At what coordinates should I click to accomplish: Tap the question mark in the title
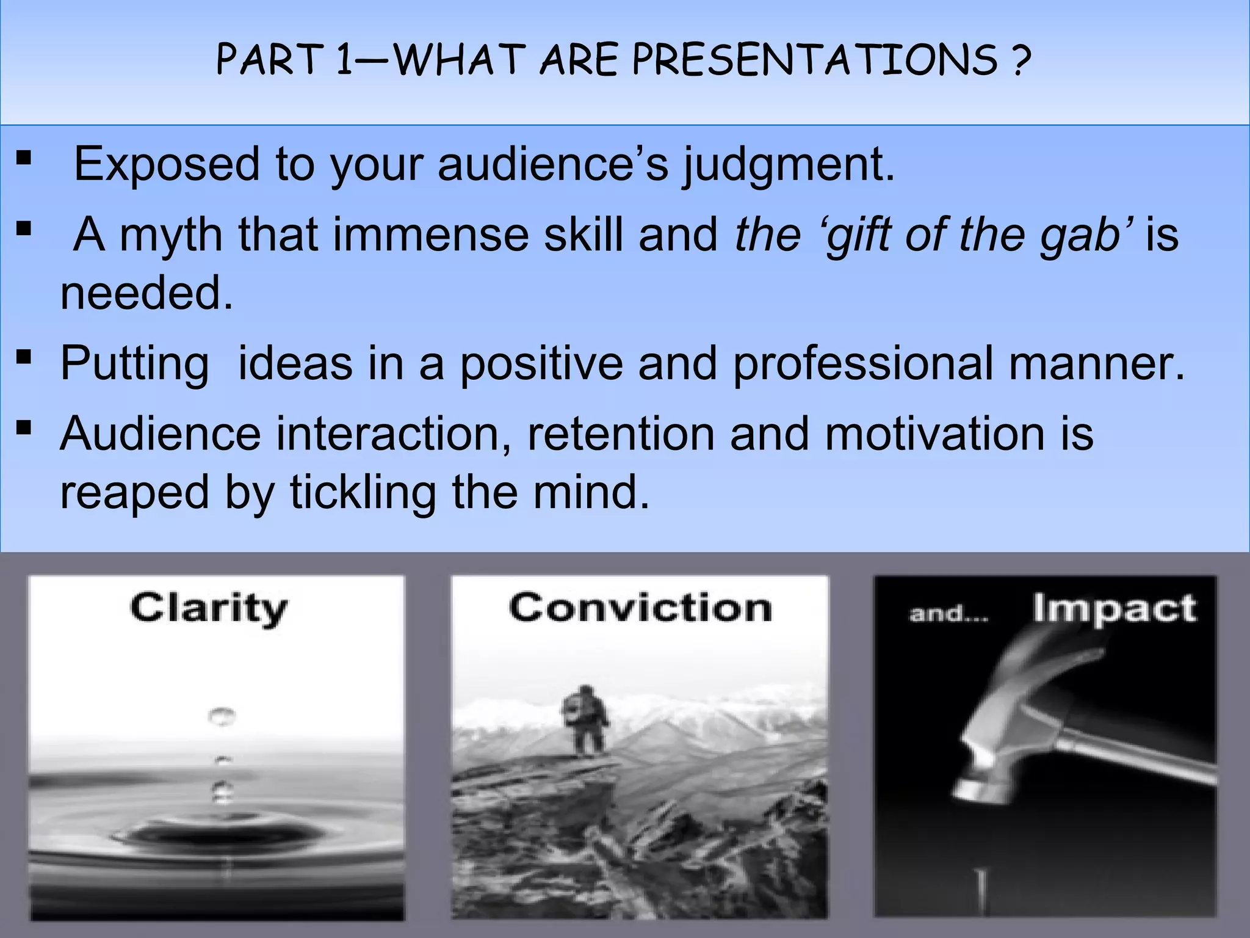click(x=1020, y=60)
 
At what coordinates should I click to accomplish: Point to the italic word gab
click(x=1086, y=236)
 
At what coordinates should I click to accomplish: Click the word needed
click(x=146, y=293)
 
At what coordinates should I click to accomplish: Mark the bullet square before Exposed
click(x=24, y=159)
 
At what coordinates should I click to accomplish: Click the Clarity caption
click(x=208, y=608)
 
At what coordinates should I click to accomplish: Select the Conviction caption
click(x=640, y=608)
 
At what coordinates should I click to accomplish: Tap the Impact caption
click(x=1114, y=608)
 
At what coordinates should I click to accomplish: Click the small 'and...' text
click(x=948, y=613)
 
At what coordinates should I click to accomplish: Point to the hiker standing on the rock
click(x=585, y=721)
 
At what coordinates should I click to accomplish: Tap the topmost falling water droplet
click(x=221, y=716)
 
